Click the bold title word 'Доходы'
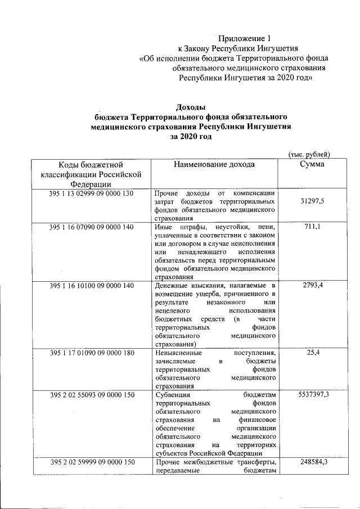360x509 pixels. (x=191, y=107)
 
